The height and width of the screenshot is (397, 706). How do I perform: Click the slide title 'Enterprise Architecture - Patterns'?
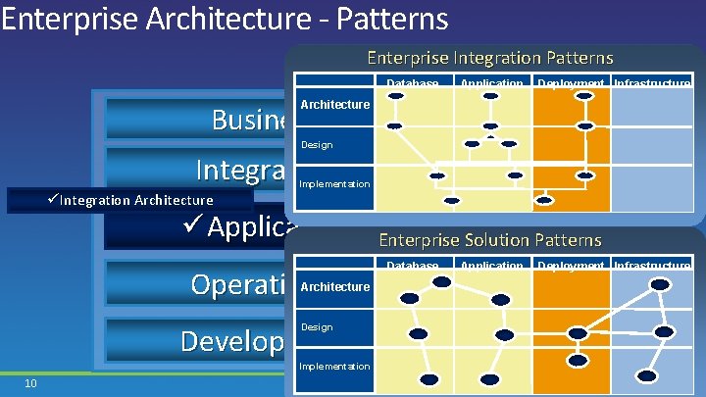[x=225, y=18]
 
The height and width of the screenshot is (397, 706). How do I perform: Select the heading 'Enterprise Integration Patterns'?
[x=489, y=58]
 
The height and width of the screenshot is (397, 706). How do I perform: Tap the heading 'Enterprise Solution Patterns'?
[x=489, y=240]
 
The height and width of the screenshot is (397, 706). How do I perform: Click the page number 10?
[x=30, y=382]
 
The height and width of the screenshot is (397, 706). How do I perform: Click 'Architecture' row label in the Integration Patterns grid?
[x=334, y=105]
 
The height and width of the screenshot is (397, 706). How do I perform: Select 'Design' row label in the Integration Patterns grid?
[x=317, y=145]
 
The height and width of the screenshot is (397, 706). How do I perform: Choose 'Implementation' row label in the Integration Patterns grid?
[x=334, y=184]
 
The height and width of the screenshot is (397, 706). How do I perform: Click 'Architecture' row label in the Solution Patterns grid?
[x=334, y=287]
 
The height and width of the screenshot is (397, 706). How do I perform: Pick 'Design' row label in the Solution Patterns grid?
[x=317, y=327]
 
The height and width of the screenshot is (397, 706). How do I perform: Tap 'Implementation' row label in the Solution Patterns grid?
[x=334, y=367]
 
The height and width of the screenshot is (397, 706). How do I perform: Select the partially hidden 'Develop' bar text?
[x=233, y=340]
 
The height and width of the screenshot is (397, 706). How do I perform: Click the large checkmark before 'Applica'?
[x=192, y=228]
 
